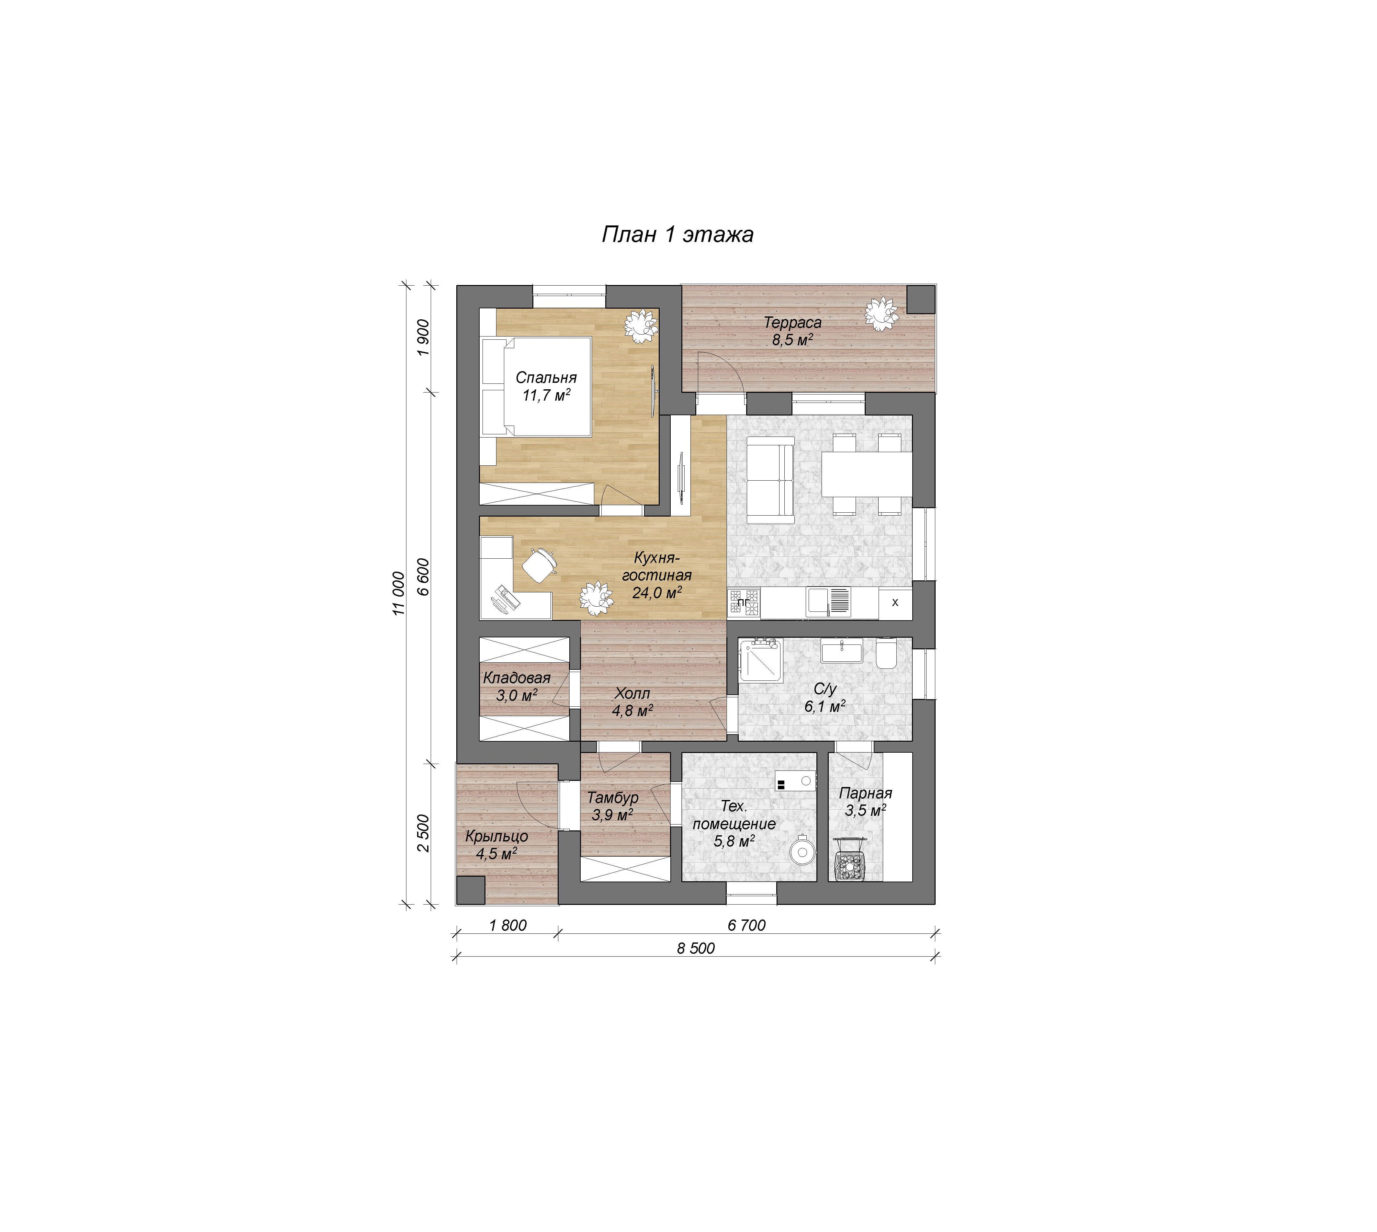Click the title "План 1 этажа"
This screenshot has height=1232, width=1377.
click(678, 234)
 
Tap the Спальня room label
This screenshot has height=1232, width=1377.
click(546, 378)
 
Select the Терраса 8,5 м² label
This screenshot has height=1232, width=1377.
click(793, 331)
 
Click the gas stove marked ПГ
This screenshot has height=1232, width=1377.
click(744, 602)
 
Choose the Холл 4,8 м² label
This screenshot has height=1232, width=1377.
click(632, 702)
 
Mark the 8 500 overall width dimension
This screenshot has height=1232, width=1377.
click(696, 948)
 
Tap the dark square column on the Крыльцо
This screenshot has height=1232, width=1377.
click(471, 890)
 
